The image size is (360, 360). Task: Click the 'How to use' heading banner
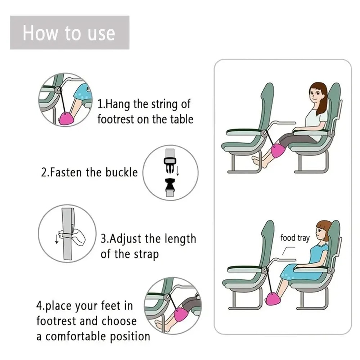coord(69,33)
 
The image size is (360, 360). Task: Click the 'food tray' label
coord(295,238)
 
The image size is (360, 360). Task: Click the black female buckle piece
coord(170,185)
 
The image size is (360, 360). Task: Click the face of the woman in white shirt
coord(315,96)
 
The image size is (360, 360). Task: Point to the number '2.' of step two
coord(45,172)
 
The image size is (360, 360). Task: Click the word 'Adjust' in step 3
coord(126,239)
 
